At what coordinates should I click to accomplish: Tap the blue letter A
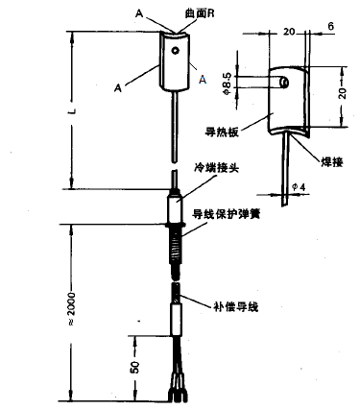coord(203,80)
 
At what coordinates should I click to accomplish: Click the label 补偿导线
coord(234,307)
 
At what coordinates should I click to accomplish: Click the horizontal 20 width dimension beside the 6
coord(289,32)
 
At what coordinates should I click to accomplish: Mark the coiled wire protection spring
coord(177,240)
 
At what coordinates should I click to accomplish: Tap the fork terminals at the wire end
coord(178,392)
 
